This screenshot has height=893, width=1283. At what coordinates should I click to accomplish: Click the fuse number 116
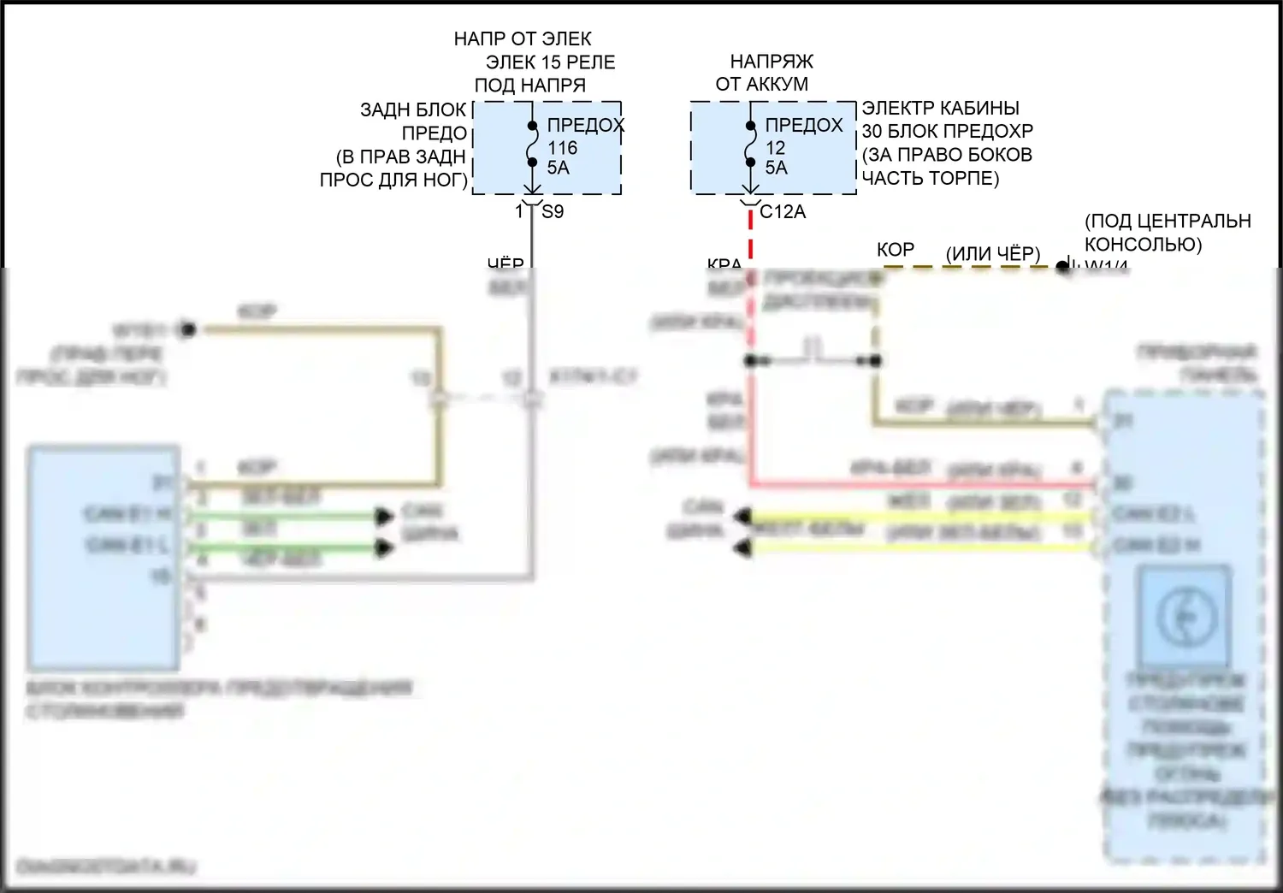click(562, 148)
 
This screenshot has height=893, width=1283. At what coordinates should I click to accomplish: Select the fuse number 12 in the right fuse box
click(775, 148)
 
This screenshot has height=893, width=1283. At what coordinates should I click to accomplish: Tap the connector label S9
click(553, 212)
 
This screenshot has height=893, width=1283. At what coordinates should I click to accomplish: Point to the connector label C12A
click(783, 212)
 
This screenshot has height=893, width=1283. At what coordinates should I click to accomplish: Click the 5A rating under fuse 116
click(558, 168)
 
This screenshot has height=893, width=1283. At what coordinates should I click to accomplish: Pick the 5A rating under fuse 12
click(776, 168)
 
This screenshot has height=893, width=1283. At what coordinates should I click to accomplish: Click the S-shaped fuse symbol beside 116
click(532, 144)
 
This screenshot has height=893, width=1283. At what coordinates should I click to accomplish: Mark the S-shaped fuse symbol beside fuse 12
click(750, 144)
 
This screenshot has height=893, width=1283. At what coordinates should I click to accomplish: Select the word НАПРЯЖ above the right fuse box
click(772, 62)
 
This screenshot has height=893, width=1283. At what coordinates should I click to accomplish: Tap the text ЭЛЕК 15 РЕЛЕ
click(550, 62)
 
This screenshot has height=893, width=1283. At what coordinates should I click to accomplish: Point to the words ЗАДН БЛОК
click(413, 110)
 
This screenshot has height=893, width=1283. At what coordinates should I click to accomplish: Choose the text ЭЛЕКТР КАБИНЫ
click(940, 109)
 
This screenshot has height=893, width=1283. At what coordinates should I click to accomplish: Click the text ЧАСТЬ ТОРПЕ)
click(930, 178)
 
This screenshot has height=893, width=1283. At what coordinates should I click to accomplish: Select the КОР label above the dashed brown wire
click(896, 250)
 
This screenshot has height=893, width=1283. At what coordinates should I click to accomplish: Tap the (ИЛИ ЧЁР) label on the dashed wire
click(992, 254)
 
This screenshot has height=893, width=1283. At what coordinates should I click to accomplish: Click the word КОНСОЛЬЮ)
click(1143, 245)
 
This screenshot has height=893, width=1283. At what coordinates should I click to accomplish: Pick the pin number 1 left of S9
click(519, 211)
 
